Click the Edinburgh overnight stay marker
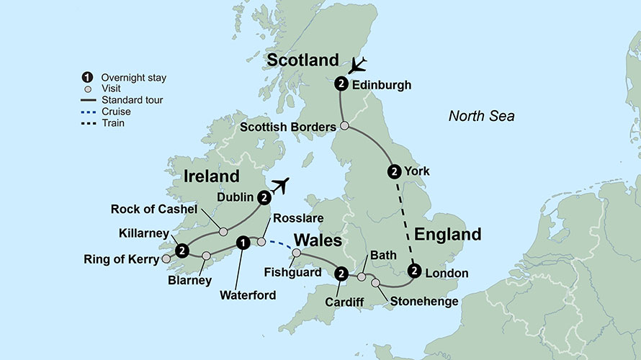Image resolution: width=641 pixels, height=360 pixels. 341,84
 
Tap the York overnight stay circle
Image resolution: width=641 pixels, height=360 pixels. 394,171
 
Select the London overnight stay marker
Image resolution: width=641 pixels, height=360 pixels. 414,271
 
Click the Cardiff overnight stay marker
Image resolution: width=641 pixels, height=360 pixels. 341,274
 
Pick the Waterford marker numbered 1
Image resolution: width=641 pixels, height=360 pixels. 243,242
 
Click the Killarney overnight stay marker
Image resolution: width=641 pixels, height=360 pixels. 182,250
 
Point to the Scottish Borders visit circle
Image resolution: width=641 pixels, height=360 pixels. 344,126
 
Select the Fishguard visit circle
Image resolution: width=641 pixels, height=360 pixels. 296,252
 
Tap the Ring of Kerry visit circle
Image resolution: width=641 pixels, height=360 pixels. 166,258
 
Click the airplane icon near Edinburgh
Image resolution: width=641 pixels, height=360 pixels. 357,65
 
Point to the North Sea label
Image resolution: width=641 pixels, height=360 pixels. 481,115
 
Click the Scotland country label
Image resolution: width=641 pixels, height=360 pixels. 302,60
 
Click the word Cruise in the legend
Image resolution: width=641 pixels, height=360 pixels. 116,112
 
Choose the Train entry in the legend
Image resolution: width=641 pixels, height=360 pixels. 113,123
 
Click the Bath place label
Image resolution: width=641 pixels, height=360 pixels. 379,256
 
